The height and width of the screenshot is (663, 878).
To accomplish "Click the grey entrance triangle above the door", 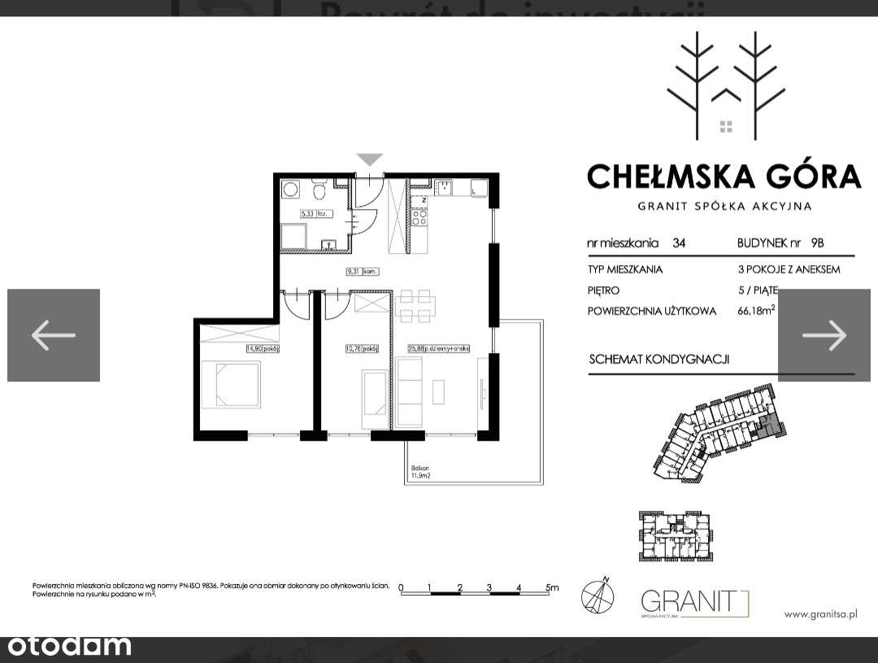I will point(370,159).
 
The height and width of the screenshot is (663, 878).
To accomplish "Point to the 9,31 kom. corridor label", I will point(359,273).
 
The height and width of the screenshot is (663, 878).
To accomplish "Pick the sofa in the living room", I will point(411,391).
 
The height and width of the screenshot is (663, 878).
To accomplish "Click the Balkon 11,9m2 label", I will point(420,473).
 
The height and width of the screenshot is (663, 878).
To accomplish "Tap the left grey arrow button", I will point(54,334).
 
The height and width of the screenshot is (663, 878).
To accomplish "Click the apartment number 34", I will point(679,242).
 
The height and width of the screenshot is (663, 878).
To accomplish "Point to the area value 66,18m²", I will point(759,311).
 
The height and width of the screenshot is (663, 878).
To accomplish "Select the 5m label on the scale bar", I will point(552,587).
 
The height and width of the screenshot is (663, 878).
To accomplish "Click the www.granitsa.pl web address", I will point(821,614).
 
